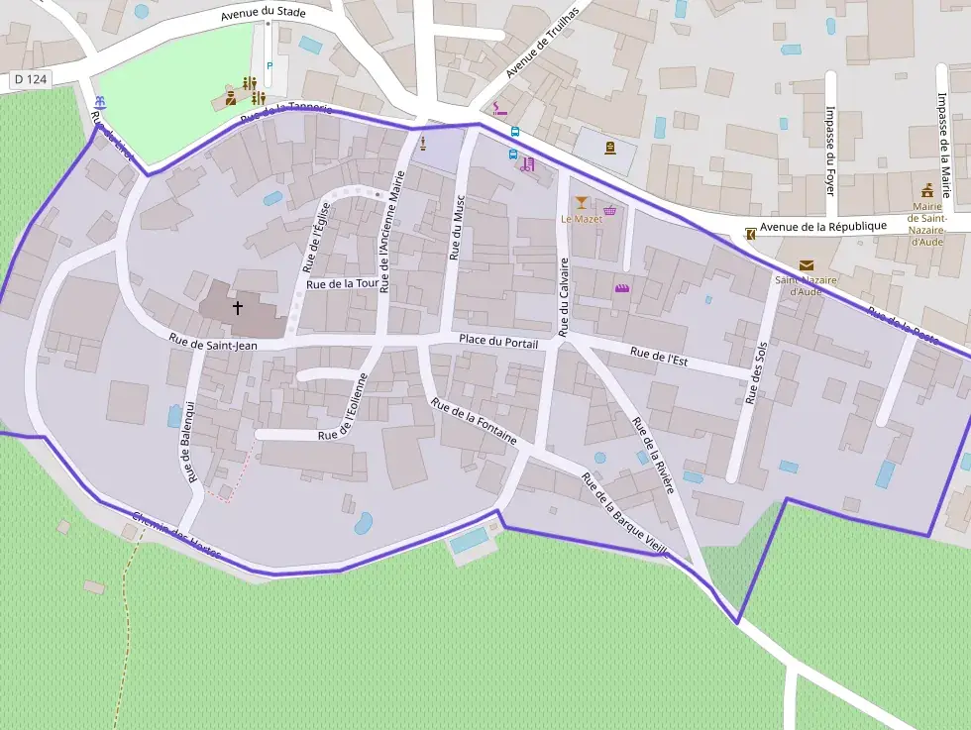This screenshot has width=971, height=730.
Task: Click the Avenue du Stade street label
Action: pyautogui.click(x=263, y=14)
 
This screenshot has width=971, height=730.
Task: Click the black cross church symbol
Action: pyautogui.click(x=237, y=308)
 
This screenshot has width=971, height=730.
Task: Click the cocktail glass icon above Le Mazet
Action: pyautogui.click(x=581, y=203)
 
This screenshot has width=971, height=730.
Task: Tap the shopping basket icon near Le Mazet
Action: pyautogui.click(x=609, y=210)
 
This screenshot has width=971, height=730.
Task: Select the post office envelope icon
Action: pyautogui.click(x=806, y=265)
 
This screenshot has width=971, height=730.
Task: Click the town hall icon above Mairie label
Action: pyautogui.click(x=927, y=190)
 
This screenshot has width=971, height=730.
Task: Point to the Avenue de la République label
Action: pyautogui.click(x=823, y=226)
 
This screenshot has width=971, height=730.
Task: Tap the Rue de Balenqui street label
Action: pyautogui.click(x=187, y=440)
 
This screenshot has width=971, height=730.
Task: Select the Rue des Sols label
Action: pyautogui.click(x=757, y=372)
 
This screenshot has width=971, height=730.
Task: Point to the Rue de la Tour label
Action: pyautogui.click(x=343, y=284)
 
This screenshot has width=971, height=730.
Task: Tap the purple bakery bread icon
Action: pyautogui.click(x=622, y=288)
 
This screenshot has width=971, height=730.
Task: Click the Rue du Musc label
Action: pyautogui.click(x=457, y=227)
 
